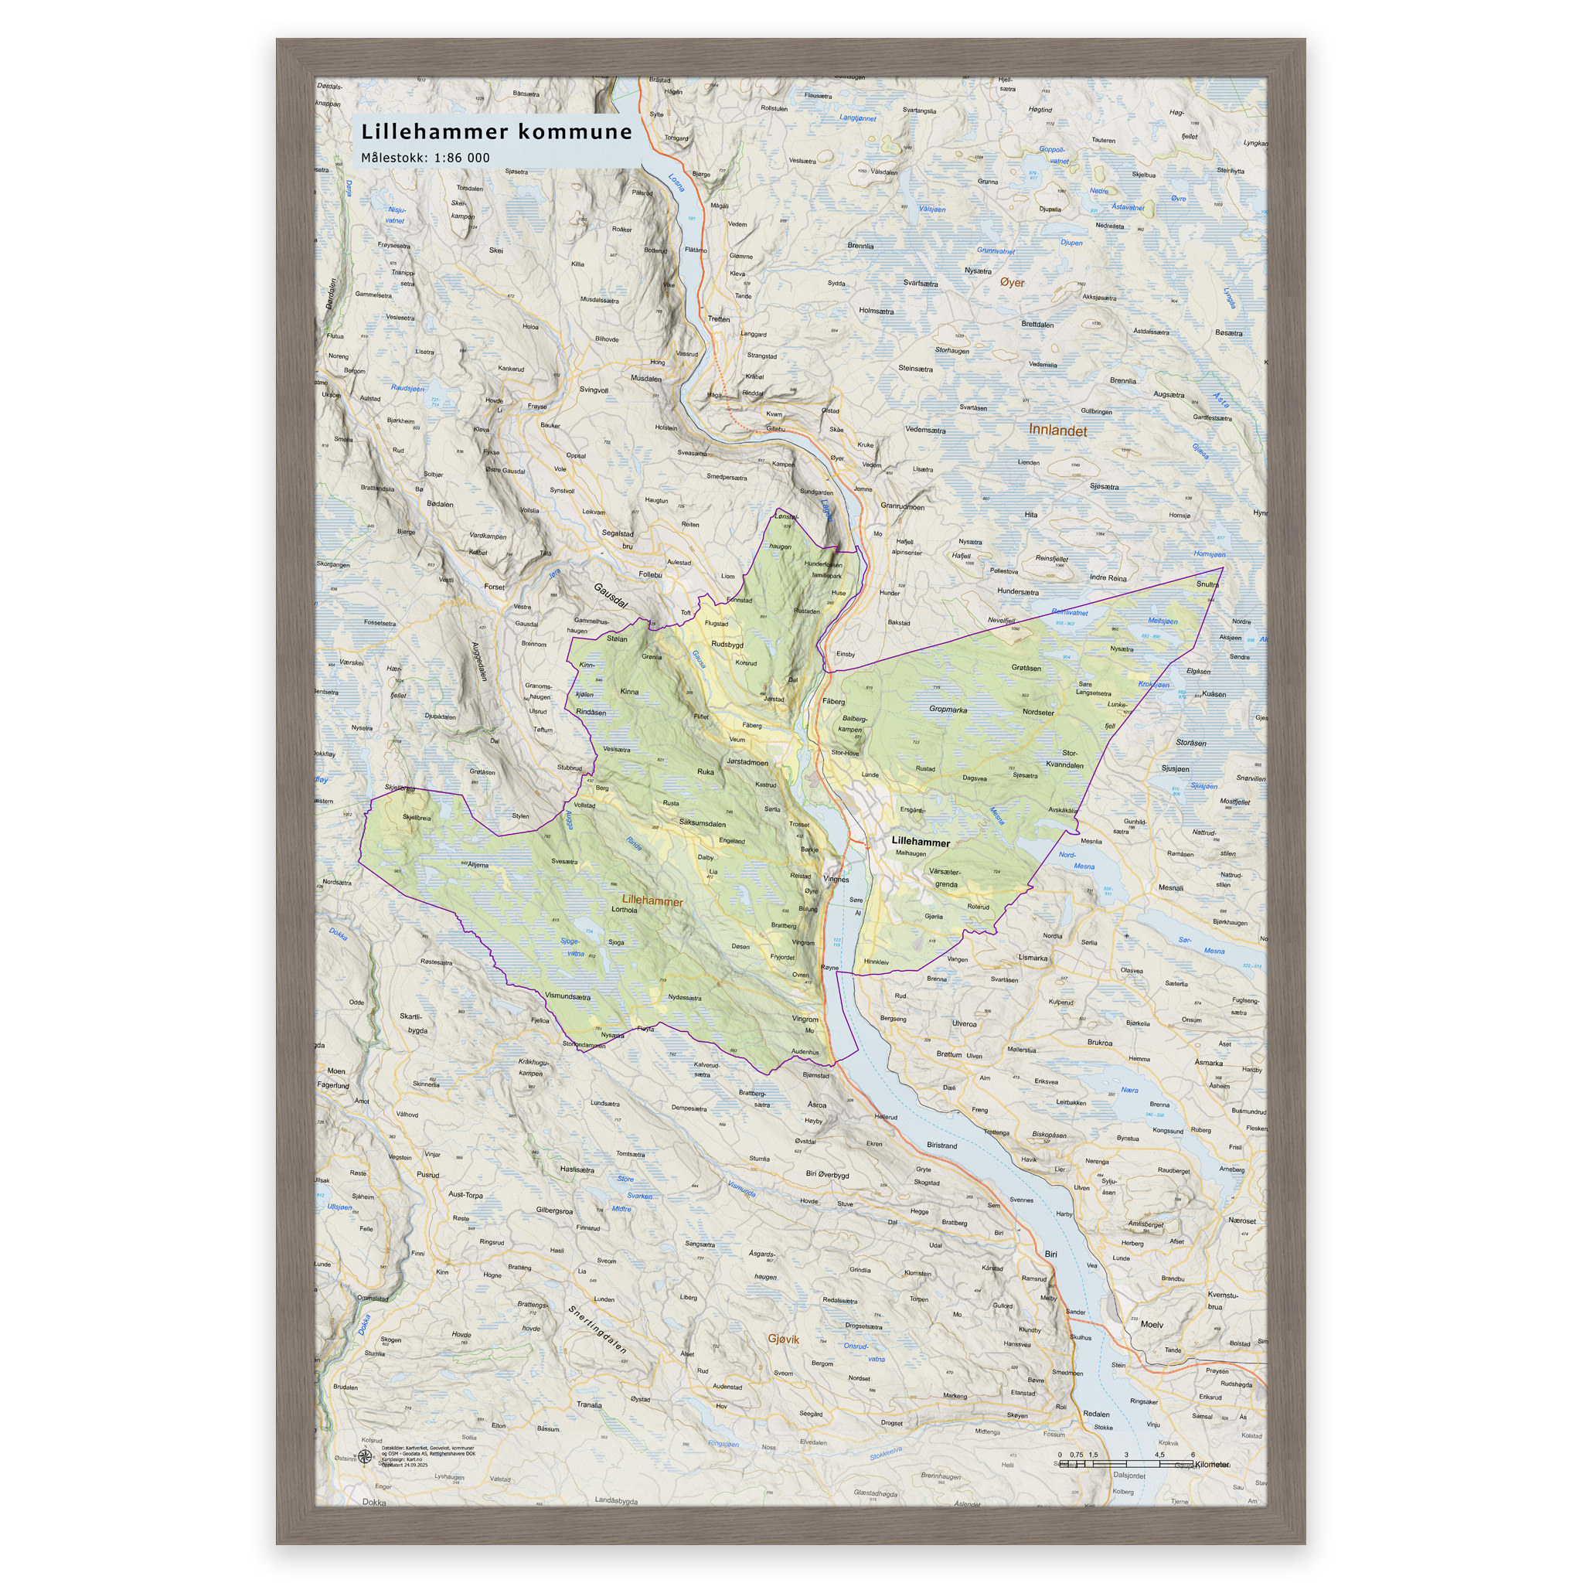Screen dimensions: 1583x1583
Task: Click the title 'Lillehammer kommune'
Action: (496, 132)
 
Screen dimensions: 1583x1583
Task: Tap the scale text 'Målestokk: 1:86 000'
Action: (425, 158)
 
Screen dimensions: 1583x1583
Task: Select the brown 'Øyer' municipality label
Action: (1012, 282)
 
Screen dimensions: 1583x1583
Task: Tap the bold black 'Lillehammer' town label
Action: (920, 842)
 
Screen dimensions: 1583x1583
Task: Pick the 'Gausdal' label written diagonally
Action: (611, 596)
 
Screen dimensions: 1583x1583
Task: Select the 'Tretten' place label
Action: (719, 318)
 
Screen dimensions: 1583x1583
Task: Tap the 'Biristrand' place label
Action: (941, 1146)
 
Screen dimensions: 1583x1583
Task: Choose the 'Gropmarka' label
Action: (948, 710)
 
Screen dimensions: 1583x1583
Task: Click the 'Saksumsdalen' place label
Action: (702, 823)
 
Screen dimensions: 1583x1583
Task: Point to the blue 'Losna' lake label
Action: (676, 182)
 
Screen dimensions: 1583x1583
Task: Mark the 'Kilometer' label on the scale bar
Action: (1212, 1464)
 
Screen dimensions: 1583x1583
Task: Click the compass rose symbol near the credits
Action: (366, 1456)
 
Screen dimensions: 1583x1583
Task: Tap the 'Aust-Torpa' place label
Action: (465, 1195)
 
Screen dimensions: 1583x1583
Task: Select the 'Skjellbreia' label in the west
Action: (417, 817)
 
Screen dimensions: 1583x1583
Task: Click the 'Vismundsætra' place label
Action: (567, 996)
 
